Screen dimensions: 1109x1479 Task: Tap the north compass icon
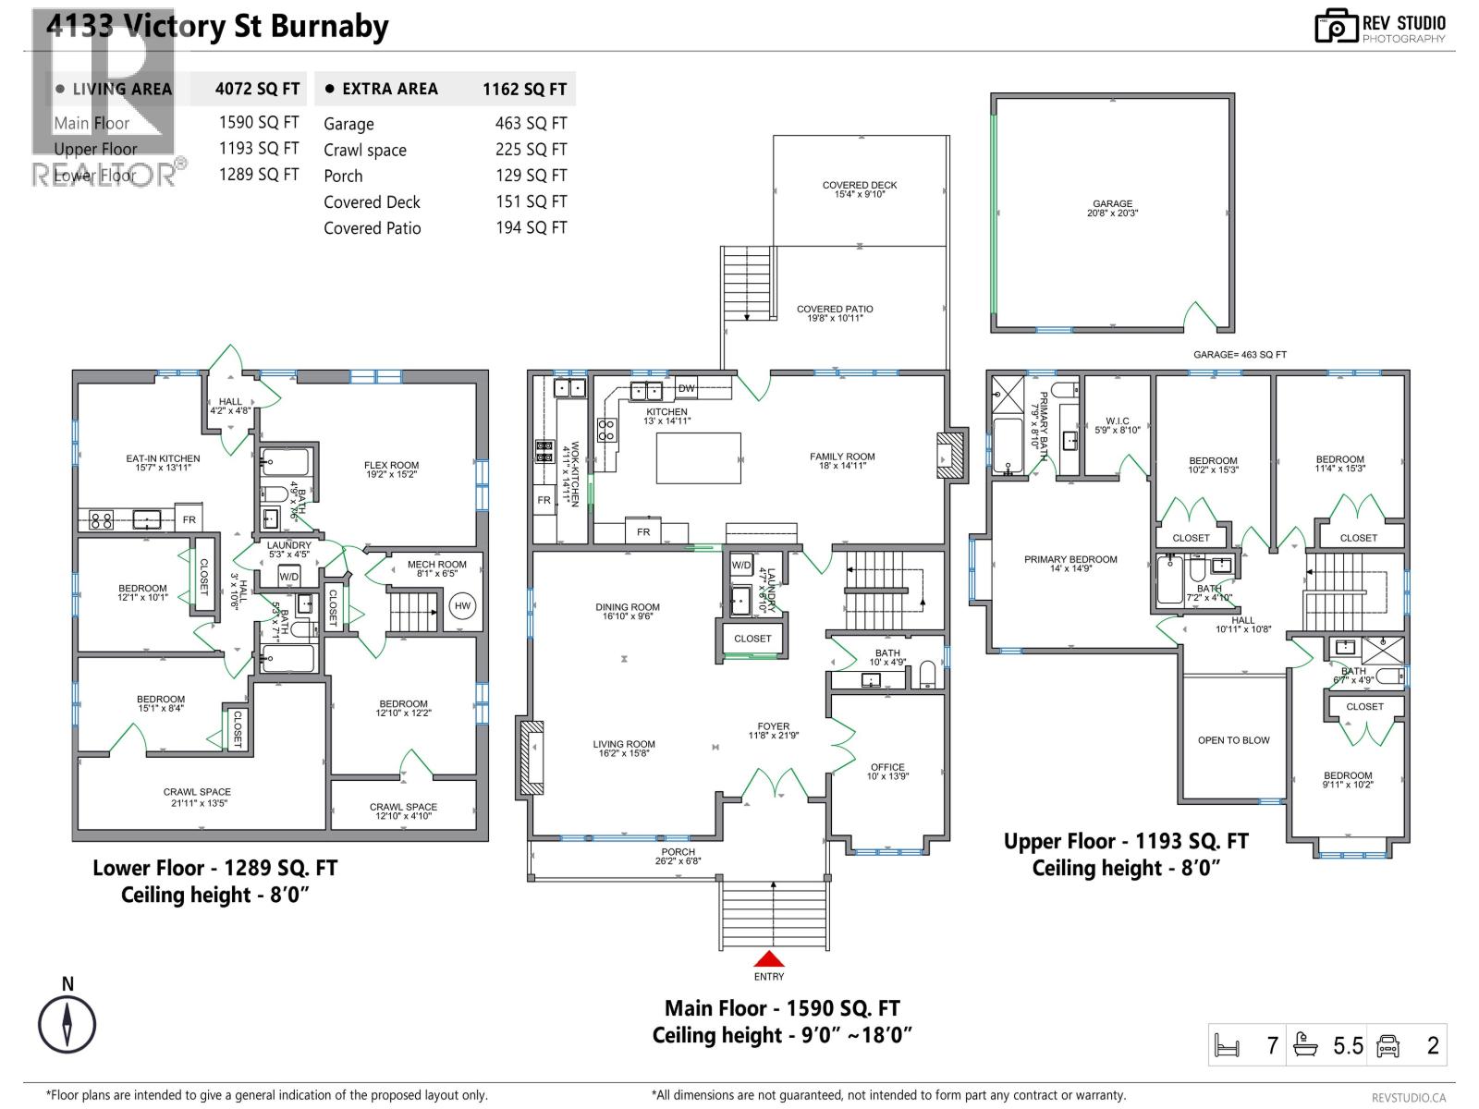[x=67, y=1024]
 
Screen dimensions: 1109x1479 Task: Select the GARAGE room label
[x=1112, y=204]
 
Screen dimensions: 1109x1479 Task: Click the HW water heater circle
[x=462, y=606]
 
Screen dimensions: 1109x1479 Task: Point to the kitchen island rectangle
[x=698, y=458]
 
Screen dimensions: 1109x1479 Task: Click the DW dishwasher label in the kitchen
[x=687, y=389]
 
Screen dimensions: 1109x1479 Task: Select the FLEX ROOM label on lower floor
[x=391, y=466]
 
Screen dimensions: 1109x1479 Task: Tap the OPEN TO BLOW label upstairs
[x=1233, y=740]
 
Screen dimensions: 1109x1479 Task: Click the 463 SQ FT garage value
[x=531, y=123]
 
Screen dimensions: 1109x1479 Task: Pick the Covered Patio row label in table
[x=372, y=228]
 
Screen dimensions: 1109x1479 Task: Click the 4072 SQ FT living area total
[x=257, y=89]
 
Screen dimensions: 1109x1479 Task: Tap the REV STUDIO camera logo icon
[x=1336, y=27]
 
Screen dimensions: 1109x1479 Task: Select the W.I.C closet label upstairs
[x=1117, y=421]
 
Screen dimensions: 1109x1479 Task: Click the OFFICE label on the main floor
[x=887, y=767]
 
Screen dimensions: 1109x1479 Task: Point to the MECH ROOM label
[x=436, y=564]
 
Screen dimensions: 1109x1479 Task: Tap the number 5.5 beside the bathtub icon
[x=1348, y=1045]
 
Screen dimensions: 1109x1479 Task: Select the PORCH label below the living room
[x=678, y=852]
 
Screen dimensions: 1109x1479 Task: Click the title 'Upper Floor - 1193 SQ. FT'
[x=1126, y=841]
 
